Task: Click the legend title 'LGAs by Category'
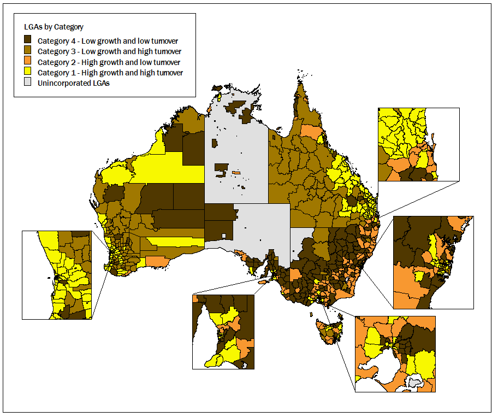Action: click(x=54, y=26)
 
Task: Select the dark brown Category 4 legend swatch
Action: click(x=28, y=40)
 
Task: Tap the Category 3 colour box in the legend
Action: click(x=28, y=51)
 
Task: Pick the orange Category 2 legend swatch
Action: click(x=28, y=62)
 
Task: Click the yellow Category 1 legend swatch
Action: click(x=28, y=72)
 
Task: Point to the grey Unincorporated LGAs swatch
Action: click(x=28, y=83)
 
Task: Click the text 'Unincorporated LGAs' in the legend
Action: click(x=74, y=83)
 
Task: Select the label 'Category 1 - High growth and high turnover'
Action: click(x=110, y=72)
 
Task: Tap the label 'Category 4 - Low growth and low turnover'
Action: click(x=108, y=40)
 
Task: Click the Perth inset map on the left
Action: click(x=57, y=275)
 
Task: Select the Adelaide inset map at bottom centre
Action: click(x=223, y=332)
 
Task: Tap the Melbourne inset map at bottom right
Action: click(x=395, y=354)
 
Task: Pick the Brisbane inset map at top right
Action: click(x=418, y=144)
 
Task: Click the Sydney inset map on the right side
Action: click(x=433, y=262)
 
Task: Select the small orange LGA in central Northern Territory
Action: click(x=236, y=173)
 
